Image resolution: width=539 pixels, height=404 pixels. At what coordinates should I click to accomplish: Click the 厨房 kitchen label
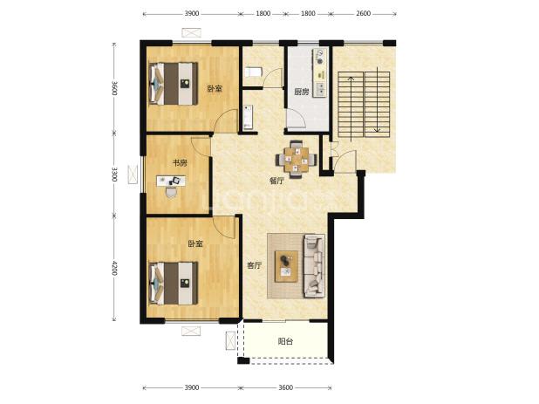302,92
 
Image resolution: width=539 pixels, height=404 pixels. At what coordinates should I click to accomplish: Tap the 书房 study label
180,162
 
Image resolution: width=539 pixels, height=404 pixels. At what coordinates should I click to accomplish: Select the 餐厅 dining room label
276,181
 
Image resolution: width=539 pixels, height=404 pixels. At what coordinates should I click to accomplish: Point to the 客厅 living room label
255,265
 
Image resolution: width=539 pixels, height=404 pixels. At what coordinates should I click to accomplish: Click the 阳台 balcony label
285,341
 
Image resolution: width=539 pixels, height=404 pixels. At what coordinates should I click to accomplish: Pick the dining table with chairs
296,159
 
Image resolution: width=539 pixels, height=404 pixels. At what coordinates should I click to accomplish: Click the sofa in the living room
314,266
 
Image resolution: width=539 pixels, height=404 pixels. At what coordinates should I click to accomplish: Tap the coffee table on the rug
286,266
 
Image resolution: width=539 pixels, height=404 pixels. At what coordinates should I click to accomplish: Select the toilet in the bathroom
254,72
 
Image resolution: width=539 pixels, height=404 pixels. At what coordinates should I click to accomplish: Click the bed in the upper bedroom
174,83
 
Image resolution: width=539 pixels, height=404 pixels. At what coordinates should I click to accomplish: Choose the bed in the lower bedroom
174,283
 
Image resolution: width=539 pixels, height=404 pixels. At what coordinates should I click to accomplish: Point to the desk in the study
171,181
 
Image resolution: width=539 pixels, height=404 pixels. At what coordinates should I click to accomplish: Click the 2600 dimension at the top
363,13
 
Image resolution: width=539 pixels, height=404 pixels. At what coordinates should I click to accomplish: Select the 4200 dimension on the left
114,268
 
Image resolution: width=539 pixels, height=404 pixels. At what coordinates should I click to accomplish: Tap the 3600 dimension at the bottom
285,387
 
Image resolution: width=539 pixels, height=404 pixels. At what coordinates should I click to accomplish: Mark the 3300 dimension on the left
114,175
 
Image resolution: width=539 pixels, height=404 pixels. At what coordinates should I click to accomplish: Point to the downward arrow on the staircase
377,99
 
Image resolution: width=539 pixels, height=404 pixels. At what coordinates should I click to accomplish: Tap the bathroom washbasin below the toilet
248,117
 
